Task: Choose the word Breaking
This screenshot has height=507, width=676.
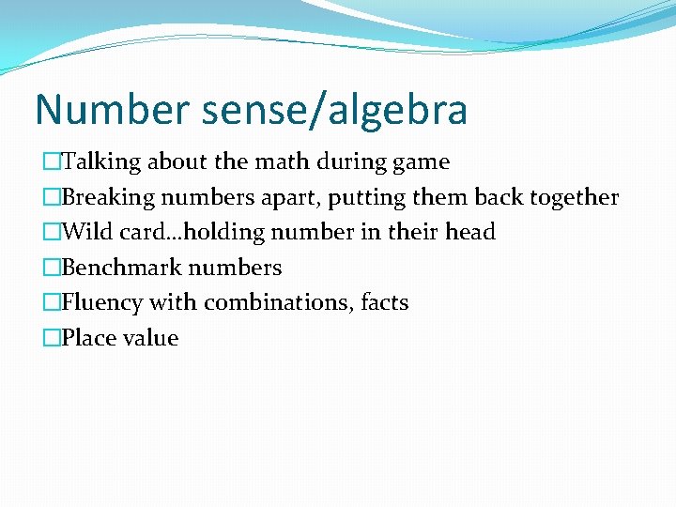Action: point(108,197)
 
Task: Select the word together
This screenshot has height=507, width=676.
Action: point(573,197)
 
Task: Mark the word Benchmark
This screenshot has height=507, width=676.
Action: point(121,268)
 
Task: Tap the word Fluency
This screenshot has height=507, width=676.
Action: point(98,303)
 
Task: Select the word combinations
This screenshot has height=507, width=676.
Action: point(279,303)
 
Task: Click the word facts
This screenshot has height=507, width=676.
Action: point(385,303)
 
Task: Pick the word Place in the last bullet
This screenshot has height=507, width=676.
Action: point(87,338)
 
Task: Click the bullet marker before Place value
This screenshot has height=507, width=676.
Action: point(51,338)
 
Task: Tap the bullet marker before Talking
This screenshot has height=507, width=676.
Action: point(51,161)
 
